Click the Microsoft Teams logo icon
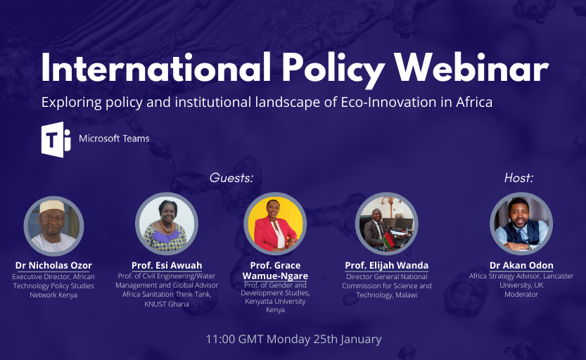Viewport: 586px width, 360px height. click(x=56, y=139)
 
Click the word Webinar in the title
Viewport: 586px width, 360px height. click(x=471, y=68)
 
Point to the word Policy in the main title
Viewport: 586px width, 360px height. click(x=333, y=70)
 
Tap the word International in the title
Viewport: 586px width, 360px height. click(x=156, y=67)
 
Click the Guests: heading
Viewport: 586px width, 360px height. click(x=231, y=178)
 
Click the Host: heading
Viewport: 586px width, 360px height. click(x=518, y=178)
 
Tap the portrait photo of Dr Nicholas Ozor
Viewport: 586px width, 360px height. click(x=53, y=226)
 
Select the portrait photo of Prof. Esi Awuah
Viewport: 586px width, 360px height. click(x=167, y=224)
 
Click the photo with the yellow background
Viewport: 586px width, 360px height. click(x=275, y=224)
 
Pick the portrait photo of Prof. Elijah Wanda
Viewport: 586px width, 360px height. click(x=386, y=224)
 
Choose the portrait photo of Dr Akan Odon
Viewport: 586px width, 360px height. click(x=521, y=224)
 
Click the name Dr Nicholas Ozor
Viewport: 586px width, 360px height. click(x=53, y=266)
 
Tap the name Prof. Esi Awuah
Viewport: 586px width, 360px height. click(x=167, y=266)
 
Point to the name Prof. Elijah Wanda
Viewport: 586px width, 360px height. click(x=386, y=266)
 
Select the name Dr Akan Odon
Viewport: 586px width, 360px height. click(x=521, y=266)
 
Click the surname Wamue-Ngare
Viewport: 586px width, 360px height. click(x=275, y=276)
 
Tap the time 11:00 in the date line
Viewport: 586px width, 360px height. click(x=220, y=339)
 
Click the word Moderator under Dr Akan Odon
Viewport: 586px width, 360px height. click(x=521, y=295)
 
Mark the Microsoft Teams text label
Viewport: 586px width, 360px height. click(x=114, y=139)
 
